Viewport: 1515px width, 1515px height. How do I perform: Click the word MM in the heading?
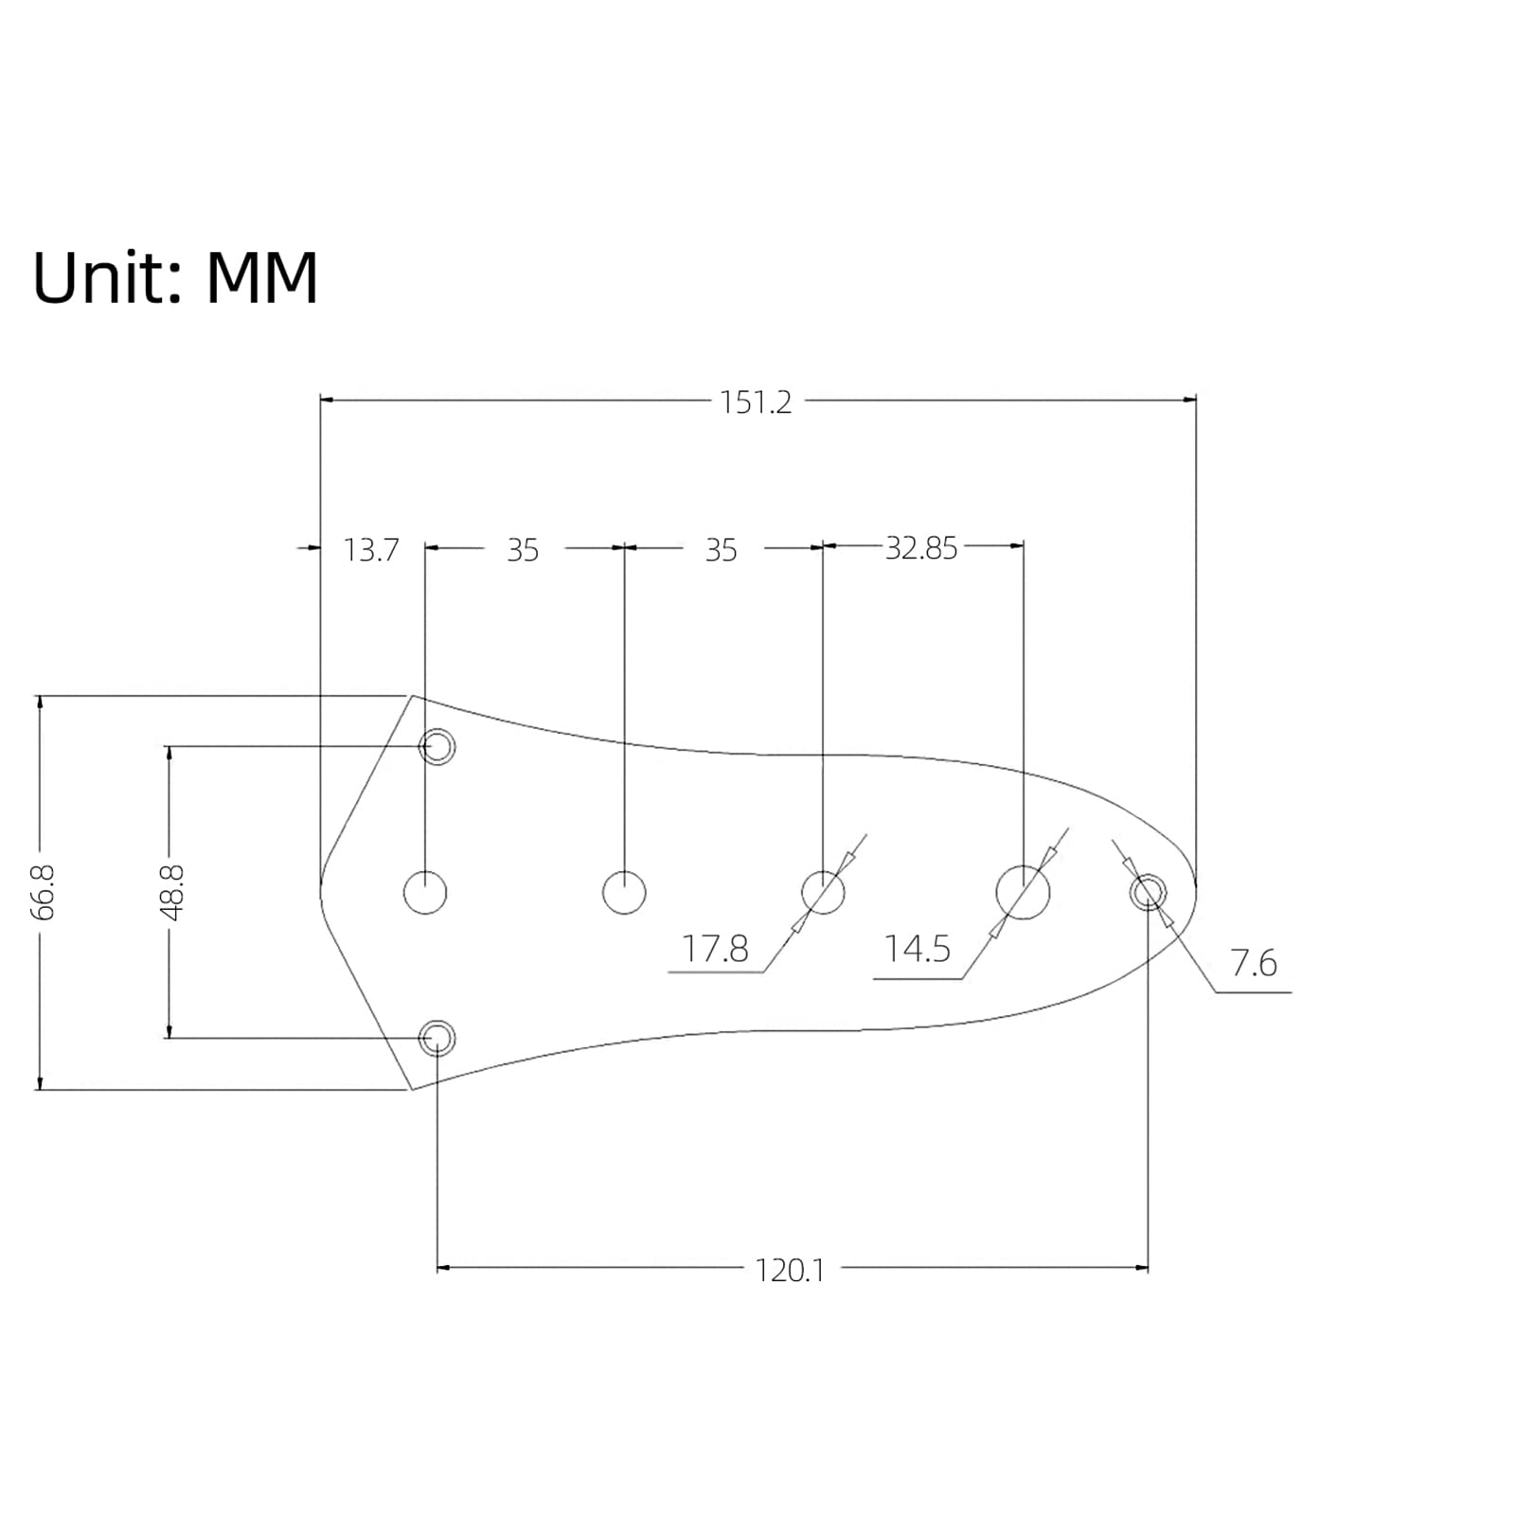(261, 277)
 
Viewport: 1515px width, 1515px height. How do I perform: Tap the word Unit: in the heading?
(108, 277)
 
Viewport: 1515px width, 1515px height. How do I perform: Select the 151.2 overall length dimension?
(755, 402)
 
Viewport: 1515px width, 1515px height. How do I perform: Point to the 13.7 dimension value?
(371, 550)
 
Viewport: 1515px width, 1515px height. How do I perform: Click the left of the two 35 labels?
(523, 550)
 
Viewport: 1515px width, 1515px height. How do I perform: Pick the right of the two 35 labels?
(721, 550)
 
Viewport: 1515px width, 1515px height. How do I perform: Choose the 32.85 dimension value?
(921, 548)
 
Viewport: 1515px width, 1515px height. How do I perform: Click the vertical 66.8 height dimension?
(43, 892)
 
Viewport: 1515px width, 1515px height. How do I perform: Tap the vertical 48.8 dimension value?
(171, 892)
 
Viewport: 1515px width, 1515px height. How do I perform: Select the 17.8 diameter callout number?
(715, 948)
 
